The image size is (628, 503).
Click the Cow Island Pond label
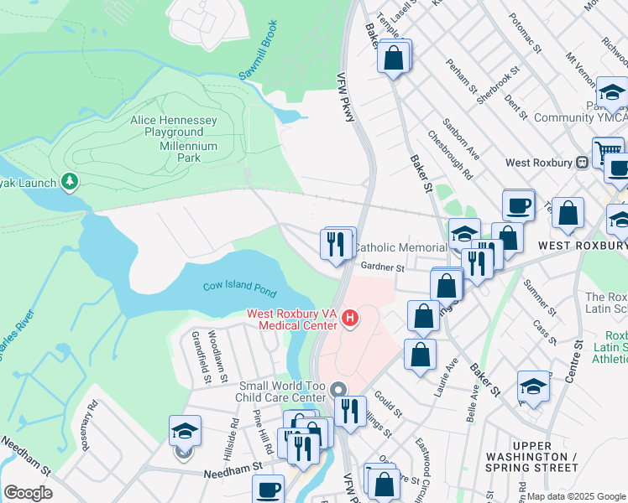[239, 288]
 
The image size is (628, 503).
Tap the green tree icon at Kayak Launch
[71, 182]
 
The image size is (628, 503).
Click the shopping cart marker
[608, 152]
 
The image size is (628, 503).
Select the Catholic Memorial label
[400, 248]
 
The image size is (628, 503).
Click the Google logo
[28, 493]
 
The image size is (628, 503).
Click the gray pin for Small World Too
[338, 390]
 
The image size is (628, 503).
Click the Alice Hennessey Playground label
[174, 127]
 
